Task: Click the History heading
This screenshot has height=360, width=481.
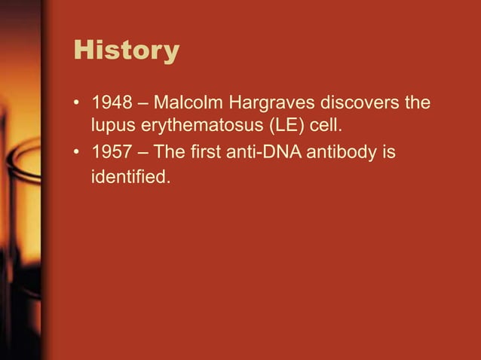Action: [x=126, y=51]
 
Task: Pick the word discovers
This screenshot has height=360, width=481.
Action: [x=359, y=101]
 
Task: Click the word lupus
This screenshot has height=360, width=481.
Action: [x=112, y=123]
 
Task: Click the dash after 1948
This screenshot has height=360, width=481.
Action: [x=140, y=102]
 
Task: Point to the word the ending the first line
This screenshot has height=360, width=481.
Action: [x=418, y=101]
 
